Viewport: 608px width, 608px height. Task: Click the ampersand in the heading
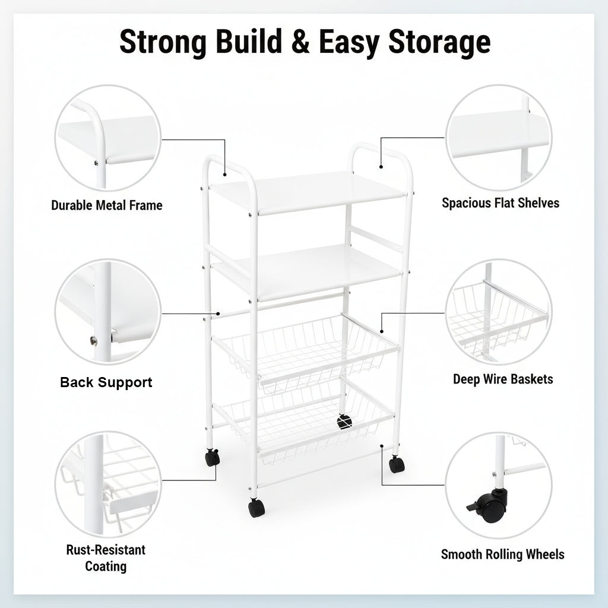pos(300,41)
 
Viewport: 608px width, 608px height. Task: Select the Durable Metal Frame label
pos(107,205)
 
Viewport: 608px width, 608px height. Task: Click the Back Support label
pos(106,382)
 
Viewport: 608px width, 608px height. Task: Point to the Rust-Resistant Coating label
pos(106,558)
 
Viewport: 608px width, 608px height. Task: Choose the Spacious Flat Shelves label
pos(501,203)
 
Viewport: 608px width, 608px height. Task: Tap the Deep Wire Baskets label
pos(503,379)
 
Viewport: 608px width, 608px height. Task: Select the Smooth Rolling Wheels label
pos(502,555)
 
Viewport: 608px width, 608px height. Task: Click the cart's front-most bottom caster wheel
pos(256,508)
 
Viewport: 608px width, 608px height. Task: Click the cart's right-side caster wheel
pos(397,464)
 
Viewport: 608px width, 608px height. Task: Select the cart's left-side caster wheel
pos(212,457)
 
